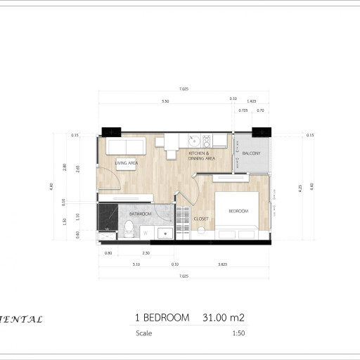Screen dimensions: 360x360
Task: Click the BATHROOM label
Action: point(140,213)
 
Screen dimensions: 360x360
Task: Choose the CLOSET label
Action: point(202,219)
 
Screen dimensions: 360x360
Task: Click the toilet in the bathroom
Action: point(129,229)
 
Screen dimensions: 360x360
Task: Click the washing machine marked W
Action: point(146,232)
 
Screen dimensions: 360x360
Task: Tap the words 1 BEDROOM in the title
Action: point(161,318)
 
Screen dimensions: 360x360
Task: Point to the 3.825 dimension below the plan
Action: point(223,264)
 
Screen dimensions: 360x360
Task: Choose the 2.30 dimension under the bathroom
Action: point(146,252)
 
